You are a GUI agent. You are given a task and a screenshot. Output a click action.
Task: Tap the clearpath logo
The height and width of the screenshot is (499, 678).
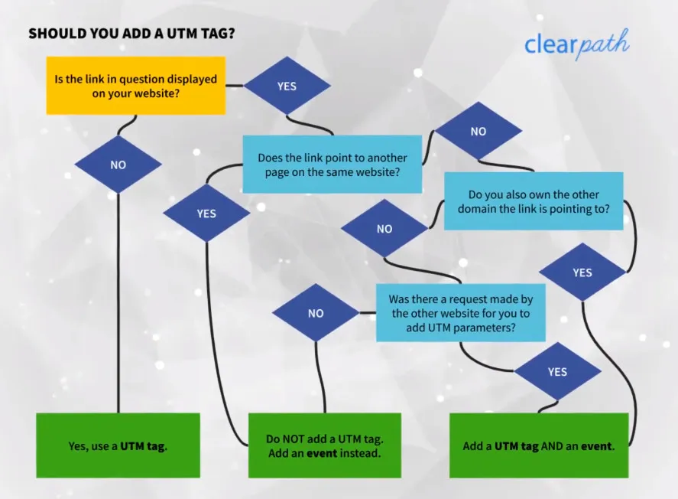[x=576, y=44]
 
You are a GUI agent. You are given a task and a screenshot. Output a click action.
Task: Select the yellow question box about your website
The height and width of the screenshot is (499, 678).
[x=135, y=86]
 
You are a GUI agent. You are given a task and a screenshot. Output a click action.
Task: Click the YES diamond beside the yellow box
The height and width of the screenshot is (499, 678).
[x=287, y=86]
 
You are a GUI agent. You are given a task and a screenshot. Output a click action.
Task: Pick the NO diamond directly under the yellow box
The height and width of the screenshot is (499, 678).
[x=118, y=165]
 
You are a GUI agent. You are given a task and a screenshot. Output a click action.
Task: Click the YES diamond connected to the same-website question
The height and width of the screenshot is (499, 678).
[x=206, y=214]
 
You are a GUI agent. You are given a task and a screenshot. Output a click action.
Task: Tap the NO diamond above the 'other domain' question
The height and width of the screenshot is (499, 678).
[x=478, y=131]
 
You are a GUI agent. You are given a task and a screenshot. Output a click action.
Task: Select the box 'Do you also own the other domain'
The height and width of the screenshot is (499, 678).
[x=534, y=201]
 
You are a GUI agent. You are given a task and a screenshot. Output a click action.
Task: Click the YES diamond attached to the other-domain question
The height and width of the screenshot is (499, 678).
[x=582, y=272]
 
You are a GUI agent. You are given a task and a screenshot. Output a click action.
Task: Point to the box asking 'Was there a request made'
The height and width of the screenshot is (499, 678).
[x=460, y=313]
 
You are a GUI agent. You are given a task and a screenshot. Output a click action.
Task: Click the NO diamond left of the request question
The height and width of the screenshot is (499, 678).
[x=315, y=313]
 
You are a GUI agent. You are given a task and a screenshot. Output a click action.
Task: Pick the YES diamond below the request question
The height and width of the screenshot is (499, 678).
[x=557, y=371]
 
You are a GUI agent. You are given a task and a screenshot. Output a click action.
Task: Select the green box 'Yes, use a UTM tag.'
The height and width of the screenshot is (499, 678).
[x=118, y=445]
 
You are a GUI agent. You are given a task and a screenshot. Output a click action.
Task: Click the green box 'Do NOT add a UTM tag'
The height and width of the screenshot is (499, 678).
[x=324, y=445]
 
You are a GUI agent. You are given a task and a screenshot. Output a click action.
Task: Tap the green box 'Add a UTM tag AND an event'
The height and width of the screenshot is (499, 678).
[x=538, y=445]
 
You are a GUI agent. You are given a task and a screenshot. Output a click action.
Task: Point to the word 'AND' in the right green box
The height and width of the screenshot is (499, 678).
[x=553, y=445]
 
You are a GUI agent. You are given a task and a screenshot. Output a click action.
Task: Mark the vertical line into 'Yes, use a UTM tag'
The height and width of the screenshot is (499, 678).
[x=118, y=306]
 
